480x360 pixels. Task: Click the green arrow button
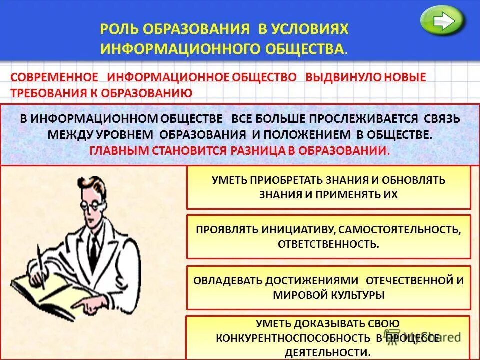tap(442, 21)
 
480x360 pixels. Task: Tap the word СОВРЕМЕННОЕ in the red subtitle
tap(54, 77)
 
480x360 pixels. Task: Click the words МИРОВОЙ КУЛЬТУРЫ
tap(328, 295)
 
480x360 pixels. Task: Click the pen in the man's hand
tap(41, 265)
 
